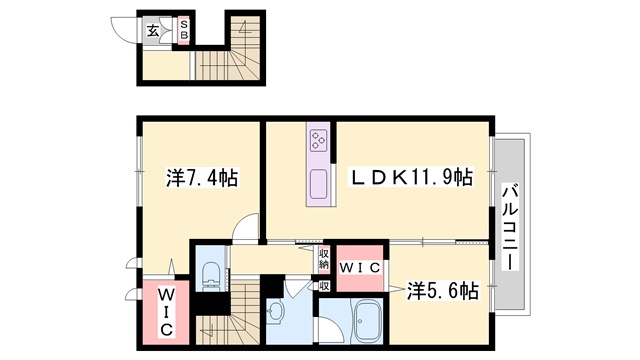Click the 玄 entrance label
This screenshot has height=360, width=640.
[x=153, y=31]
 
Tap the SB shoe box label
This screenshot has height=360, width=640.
[x=184, y=30]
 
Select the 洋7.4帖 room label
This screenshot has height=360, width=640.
[x=202, y=178]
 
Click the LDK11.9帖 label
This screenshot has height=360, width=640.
[x=410, y=177]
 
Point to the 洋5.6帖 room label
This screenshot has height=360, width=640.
[x=442, y=291]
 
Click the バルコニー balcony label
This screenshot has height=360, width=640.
[x=510, y=227]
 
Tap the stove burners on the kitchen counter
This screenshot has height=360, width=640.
[x=318, y=140]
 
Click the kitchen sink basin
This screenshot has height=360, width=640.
[x=318, y=184]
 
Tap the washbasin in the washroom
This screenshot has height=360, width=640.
[x=277, y=312]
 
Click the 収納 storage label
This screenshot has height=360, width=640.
[x=324, y=258]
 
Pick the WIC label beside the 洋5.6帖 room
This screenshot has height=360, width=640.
[x=360, y=268]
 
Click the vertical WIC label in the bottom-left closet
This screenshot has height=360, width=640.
[x=165, y=312]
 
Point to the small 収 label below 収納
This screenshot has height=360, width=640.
[x=324, y=286]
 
